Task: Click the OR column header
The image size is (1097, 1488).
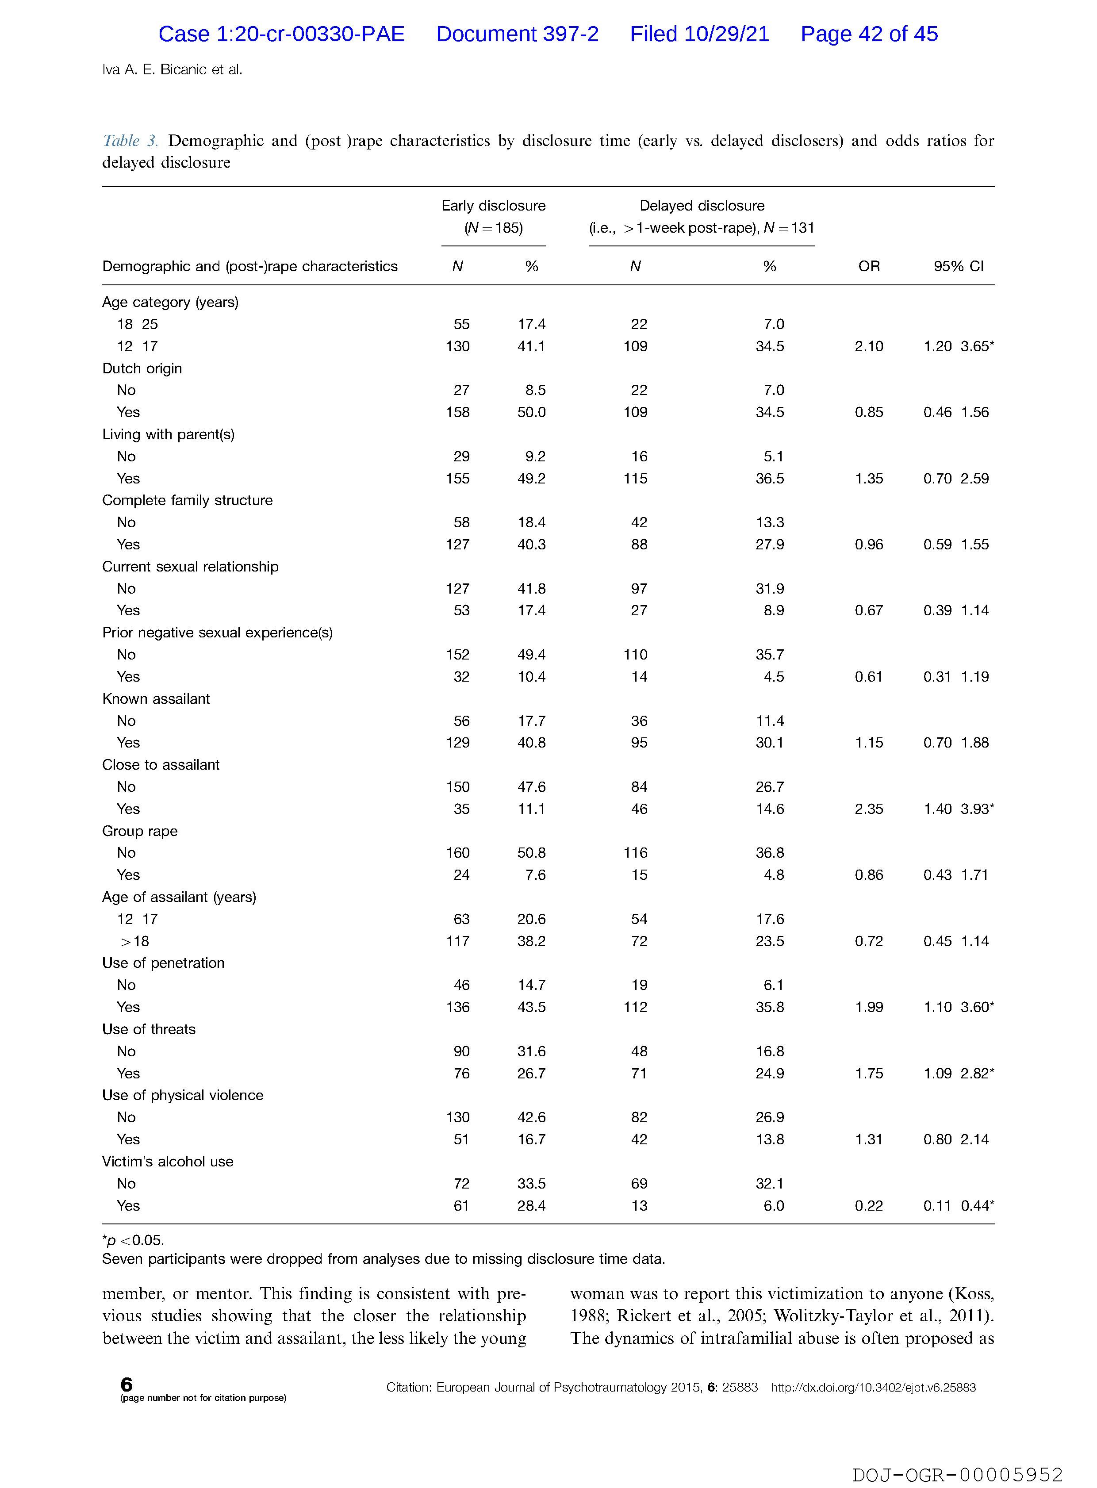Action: (869, 266)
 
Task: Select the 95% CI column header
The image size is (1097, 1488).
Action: (958, 266)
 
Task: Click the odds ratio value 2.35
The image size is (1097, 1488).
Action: (869, 809)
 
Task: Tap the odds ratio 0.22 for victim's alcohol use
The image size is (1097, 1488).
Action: (869, 1206)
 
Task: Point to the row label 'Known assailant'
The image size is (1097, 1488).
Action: (156, 698)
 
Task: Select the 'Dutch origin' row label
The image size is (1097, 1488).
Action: (142, 368)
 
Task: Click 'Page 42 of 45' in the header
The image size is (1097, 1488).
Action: (869, 34)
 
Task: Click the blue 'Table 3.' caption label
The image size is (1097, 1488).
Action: (130, 141)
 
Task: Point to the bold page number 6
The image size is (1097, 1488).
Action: (126, 1384)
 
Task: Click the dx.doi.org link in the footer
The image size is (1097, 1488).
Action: (873, 1388)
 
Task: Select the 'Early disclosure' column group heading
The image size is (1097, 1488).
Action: (493, 206)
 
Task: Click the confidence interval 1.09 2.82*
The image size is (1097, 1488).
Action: (958, 1073)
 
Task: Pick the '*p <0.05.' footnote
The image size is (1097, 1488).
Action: (133, 1240)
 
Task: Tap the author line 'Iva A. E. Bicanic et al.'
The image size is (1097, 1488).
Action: (172, 69)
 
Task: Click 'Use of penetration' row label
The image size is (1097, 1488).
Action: (163, 963)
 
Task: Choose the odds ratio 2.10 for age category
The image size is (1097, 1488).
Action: (869, 346)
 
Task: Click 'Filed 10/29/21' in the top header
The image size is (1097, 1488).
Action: (699, 34)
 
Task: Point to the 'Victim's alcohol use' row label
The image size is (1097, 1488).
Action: (167, 1161)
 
